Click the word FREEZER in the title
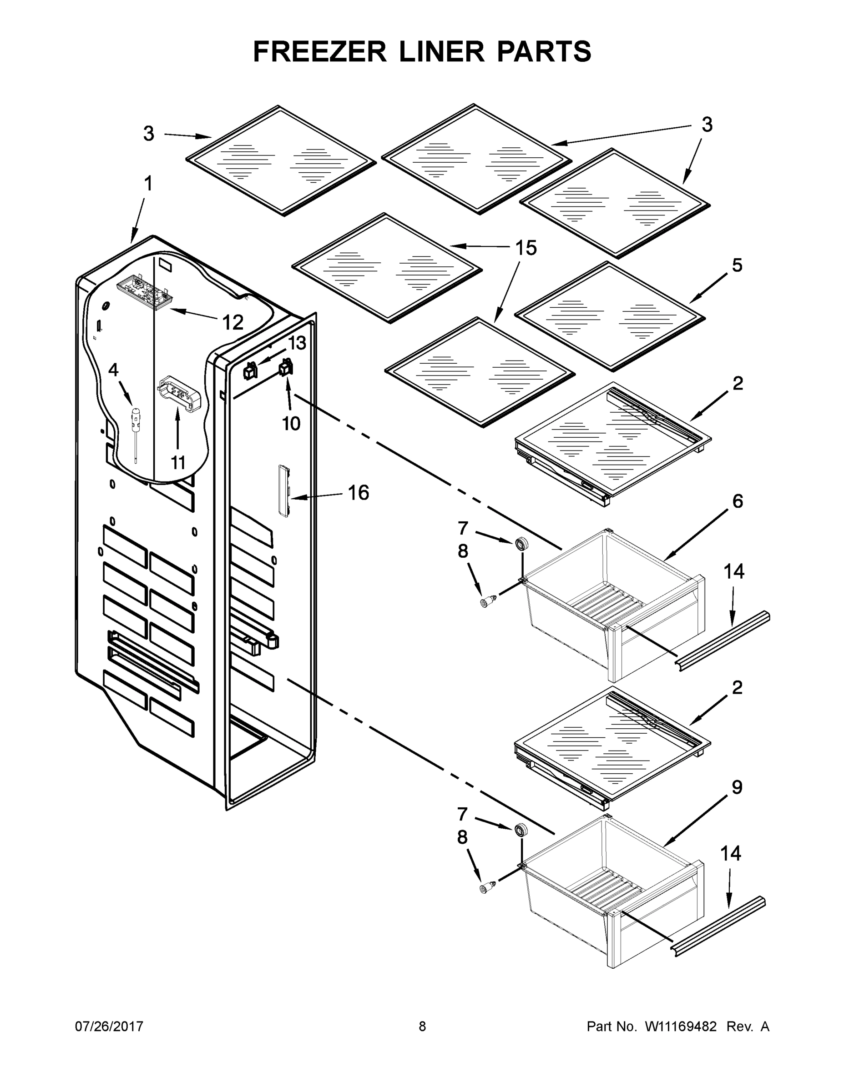tap(320, 51)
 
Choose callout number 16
tap(358, 493)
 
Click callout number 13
tap(297, 343)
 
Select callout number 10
tap(291, 424)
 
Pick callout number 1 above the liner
tap(148, 184)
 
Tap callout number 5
tap(737, 265)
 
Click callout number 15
tap(526, 248)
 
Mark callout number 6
tap(738, 501)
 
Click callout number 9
tap(737, 788)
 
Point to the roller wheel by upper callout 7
tap(521, 544)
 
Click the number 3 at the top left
tap(148, 134)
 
